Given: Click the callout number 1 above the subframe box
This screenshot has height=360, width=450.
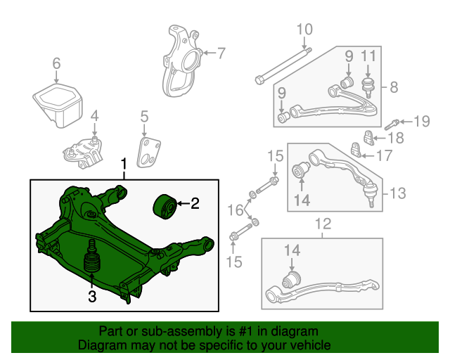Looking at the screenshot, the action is (124, 165).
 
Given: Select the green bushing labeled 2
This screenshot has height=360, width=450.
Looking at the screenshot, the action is (165, 207).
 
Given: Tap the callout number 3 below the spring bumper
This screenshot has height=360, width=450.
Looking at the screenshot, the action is (92, 296).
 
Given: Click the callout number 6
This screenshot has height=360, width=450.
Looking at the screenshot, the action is (56, 63).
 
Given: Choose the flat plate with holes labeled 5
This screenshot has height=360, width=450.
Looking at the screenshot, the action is (148, 153).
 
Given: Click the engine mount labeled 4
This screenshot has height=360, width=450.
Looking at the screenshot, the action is (82, 153).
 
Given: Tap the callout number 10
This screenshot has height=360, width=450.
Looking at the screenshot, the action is (304, 30).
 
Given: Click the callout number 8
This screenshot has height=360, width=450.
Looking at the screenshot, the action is (394, 86).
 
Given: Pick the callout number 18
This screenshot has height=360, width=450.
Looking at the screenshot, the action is (396, 138).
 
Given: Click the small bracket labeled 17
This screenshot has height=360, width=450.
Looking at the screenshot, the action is (356, 150).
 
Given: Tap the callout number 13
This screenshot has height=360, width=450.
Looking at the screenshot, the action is (398, 193).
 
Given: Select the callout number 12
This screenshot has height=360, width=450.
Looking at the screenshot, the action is (323, 224).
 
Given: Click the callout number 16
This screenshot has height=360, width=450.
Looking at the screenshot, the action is (236, 210).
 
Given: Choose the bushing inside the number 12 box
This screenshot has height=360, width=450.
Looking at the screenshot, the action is (292, 279).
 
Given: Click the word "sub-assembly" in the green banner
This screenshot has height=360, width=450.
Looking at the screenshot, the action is (183, 331).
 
